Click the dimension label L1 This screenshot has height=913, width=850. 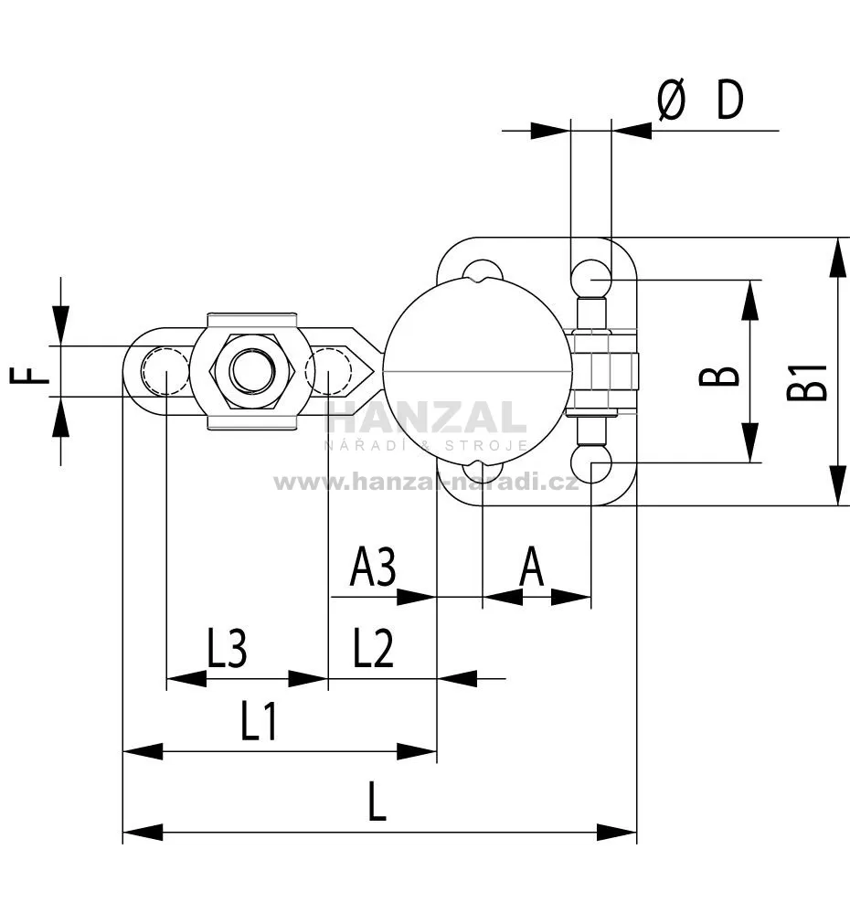click(259, 720)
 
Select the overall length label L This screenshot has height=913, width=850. click(377, 802)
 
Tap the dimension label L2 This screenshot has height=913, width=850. click(373, 647)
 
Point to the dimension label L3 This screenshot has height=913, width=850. click(227, 647)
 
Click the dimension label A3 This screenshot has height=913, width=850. click(373, 566)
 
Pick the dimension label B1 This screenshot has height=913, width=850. click(807, 382)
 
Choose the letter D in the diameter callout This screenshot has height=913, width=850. click(730, 100)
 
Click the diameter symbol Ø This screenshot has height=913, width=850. click(671, 100)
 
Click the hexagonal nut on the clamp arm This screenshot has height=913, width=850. click(252, 371)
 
